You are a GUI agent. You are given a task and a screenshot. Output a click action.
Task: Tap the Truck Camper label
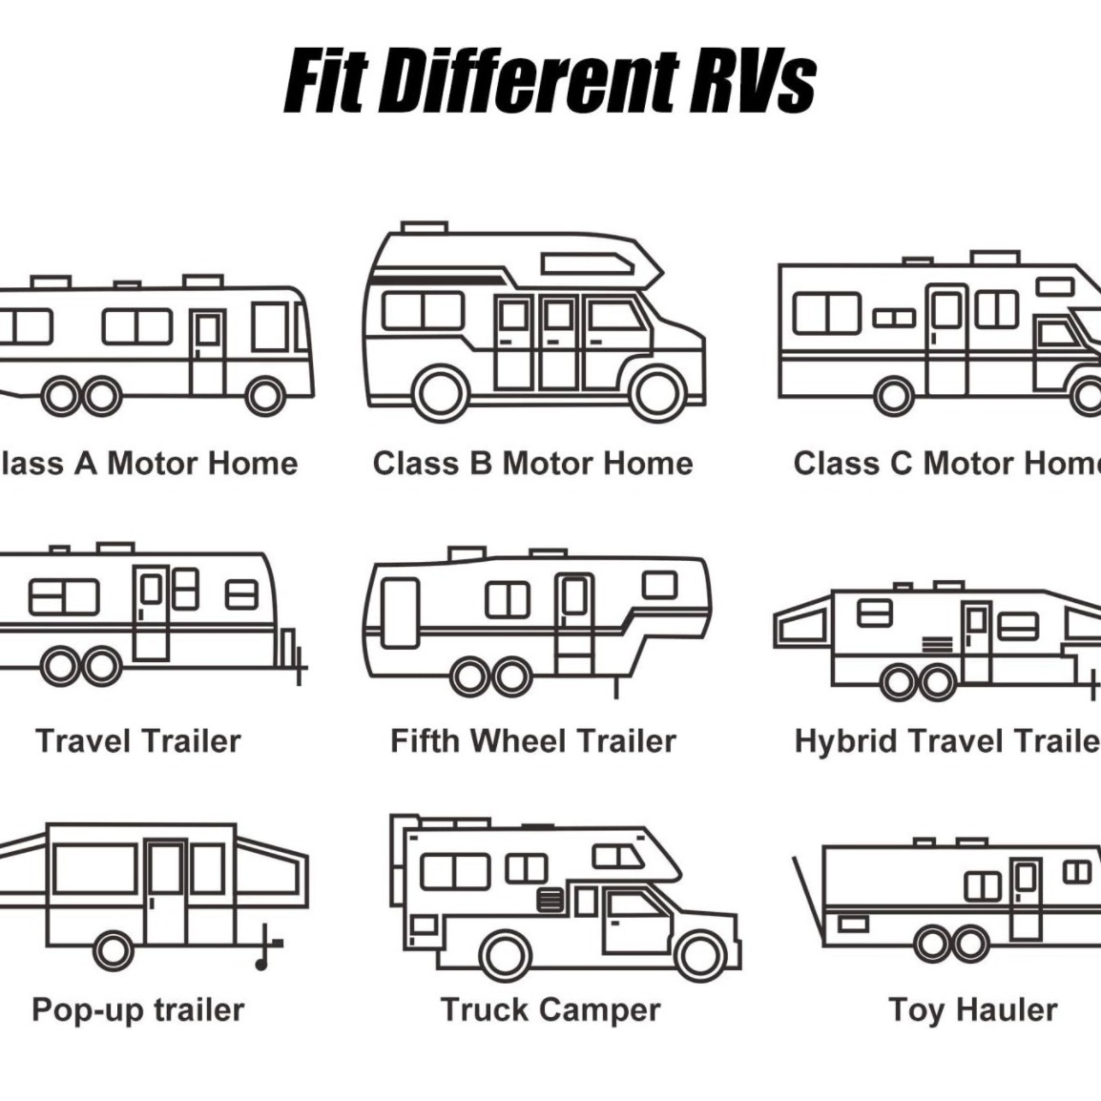coord(550,1009)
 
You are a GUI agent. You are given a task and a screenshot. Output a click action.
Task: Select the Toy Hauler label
coord(972,1009)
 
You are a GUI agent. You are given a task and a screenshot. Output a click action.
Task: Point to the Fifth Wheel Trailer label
coord(533,740)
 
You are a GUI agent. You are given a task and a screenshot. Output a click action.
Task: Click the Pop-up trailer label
coord(138,1009)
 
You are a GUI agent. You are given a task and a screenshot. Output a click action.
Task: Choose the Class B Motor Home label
coord(533,464)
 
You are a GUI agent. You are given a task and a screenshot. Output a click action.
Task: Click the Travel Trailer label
coord(138,740)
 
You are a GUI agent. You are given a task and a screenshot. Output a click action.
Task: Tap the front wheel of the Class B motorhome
coord(657,392)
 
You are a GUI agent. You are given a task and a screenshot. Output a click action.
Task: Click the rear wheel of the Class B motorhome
coord(442,392)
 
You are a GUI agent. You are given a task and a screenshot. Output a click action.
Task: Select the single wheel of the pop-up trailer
coord(114,948)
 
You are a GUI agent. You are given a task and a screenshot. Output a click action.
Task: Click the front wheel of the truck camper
coord(700,954)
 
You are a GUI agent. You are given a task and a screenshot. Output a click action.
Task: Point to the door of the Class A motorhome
coord(207,350)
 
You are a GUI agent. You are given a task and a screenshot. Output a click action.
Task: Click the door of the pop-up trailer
coord(166,891)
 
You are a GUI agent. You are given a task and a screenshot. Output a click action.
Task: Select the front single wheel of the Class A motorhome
coord(265,395)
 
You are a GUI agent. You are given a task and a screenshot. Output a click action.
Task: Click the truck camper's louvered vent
coord(550,900)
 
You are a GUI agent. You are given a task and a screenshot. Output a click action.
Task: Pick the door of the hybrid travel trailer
coord(975,641)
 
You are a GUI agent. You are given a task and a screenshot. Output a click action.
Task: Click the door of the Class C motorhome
coord(946,339)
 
